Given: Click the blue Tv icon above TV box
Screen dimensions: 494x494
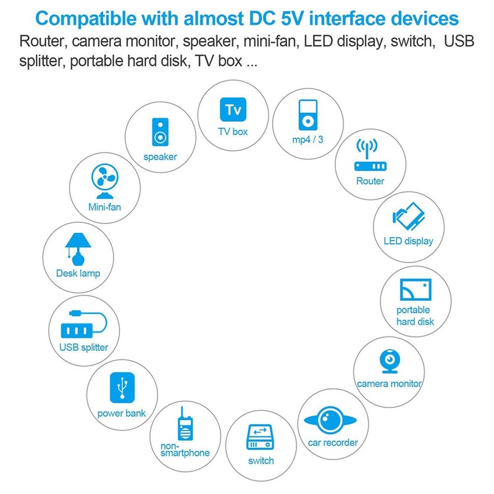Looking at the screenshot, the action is click(233, 109).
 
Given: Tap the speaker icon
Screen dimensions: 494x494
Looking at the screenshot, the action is click(160, 132).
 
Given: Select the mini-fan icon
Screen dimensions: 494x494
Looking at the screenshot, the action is click(105, 182).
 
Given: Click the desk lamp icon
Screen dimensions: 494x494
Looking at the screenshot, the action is click(78, 249).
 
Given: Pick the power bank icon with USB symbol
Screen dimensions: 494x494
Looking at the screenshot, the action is click(122, 388).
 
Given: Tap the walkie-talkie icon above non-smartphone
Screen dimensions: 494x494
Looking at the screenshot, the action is click(185, 424).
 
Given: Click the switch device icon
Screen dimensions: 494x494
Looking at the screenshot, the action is click(260, 437).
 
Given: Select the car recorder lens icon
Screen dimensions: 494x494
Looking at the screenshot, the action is click(330, 420).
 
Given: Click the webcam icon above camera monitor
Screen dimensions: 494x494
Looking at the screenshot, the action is click(390, 361).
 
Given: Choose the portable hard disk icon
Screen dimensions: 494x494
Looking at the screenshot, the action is click(416, 290).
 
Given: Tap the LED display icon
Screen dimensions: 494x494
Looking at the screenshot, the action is click(409, 217).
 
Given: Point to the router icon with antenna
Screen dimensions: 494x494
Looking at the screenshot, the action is click(370, 155).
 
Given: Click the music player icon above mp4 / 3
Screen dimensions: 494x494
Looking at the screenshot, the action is click(308, 115).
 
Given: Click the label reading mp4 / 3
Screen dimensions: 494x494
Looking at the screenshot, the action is click(308, 140).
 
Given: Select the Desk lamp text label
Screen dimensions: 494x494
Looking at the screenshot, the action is click(78, 273).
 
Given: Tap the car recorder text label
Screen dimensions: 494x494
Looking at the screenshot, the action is click(333, 443).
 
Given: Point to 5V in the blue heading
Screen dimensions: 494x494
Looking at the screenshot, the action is click(292, 19).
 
